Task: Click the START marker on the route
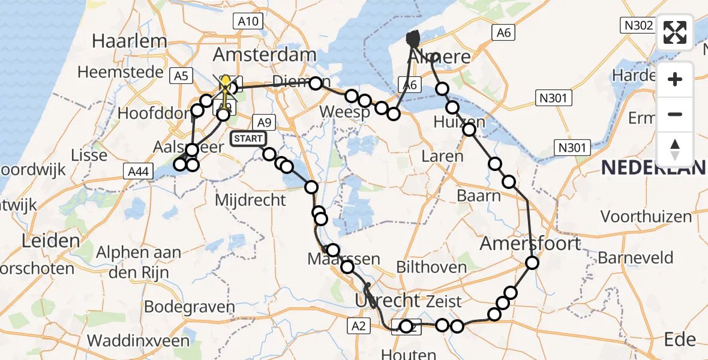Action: pos(247,139)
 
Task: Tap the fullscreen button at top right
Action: pos(676,32)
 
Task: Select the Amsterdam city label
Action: pos(265,55)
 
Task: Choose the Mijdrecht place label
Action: pos(250,200)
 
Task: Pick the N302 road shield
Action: pos(636,25)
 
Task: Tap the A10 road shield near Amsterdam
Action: pos(248,22)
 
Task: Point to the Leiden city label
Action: pos(51,241)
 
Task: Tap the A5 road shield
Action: pos(181,75)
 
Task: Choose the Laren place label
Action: pos(442,157)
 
